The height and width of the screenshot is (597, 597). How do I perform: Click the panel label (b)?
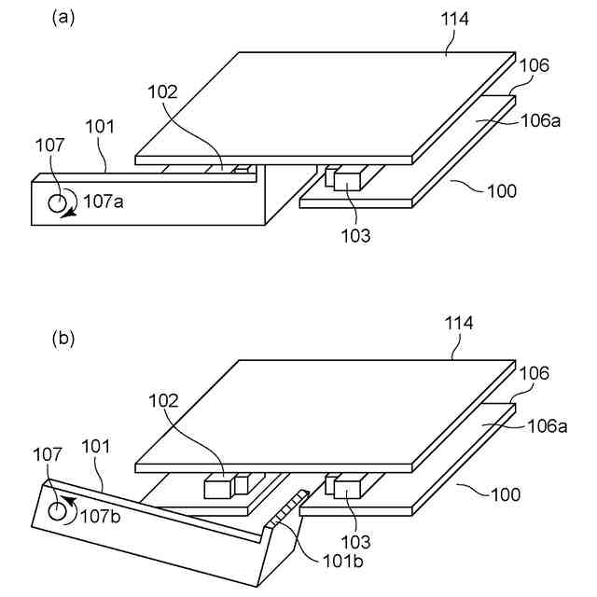coord(63,340)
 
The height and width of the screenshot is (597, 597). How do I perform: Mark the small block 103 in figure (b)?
coord(349,486)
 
